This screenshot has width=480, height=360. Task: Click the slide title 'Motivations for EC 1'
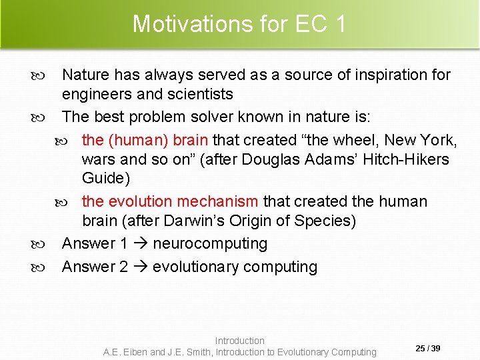pyautogui.click(x=239, y=24)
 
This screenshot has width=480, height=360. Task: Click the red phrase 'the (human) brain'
pyautogui.click(x=145, y=140)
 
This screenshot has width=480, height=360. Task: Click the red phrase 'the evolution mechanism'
pyautogui.click(x=169, y=201)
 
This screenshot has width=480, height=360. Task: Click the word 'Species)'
pyautogui.click(x=325, y=221)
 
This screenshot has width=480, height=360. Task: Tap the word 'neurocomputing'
pyautogui.click(x=210, y=244)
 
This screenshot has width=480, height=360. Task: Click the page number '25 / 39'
pyautogui.click(x=428, y=349)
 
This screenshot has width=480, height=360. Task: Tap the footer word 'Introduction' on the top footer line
pyautogui.click(x=239, y=341)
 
